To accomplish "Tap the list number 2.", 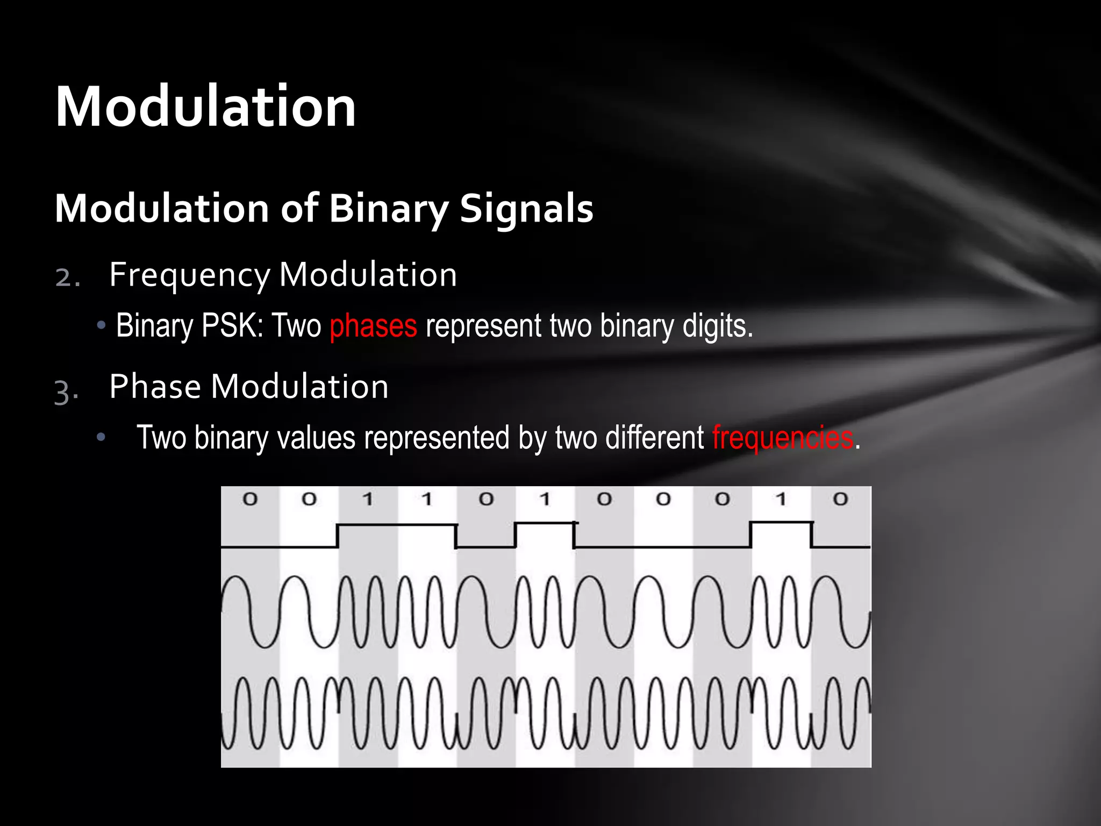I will click(67, 277).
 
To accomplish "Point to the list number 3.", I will click(66, 391).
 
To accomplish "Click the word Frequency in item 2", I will click(189, 275).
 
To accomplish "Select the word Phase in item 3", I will click(155, 387).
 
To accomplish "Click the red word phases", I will click(373, 326).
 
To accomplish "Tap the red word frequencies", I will click(783, 437).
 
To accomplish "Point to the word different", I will click(654, 437).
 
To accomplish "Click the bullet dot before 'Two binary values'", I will click(101, 438).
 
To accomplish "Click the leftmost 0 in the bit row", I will click(250, 500).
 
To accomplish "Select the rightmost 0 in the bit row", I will click(840, 500).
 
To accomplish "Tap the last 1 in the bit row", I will click(781, 500).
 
